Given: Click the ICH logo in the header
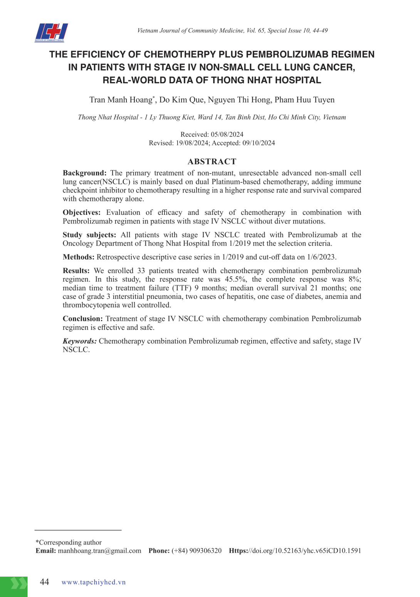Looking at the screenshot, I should coord(51,32).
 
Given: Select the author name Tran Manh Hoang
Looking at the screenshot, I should coord(121,100).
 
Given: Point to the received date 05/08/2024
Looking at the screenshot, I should coord(227,134).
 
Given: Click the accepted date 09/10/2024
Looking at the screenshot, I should coord(259,143).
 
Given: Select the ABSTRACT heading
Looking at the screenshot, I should coord(212,162).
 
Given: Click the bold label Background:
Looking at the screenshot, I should coord(84,173).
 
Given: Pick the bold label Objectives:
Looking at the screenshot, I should coord(81,212).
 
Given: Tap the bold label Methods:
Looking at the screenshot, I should coord(78,257).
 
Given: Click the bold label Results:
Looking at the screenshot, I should coord(76,271).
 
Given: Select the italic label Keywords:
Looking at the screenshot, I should coord(79,341).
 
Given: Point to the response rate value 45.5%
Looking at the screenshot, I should coord(235,279).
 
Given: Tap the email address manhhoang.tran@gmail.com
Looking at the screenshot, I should coord(99,551).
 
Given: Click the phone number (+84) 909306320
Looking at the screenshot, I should coord(197,551).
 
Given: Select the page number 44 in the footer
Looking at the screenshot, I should coord(44,582).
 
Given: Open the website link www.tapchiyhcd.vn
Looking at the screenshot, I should coord(94,582).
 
